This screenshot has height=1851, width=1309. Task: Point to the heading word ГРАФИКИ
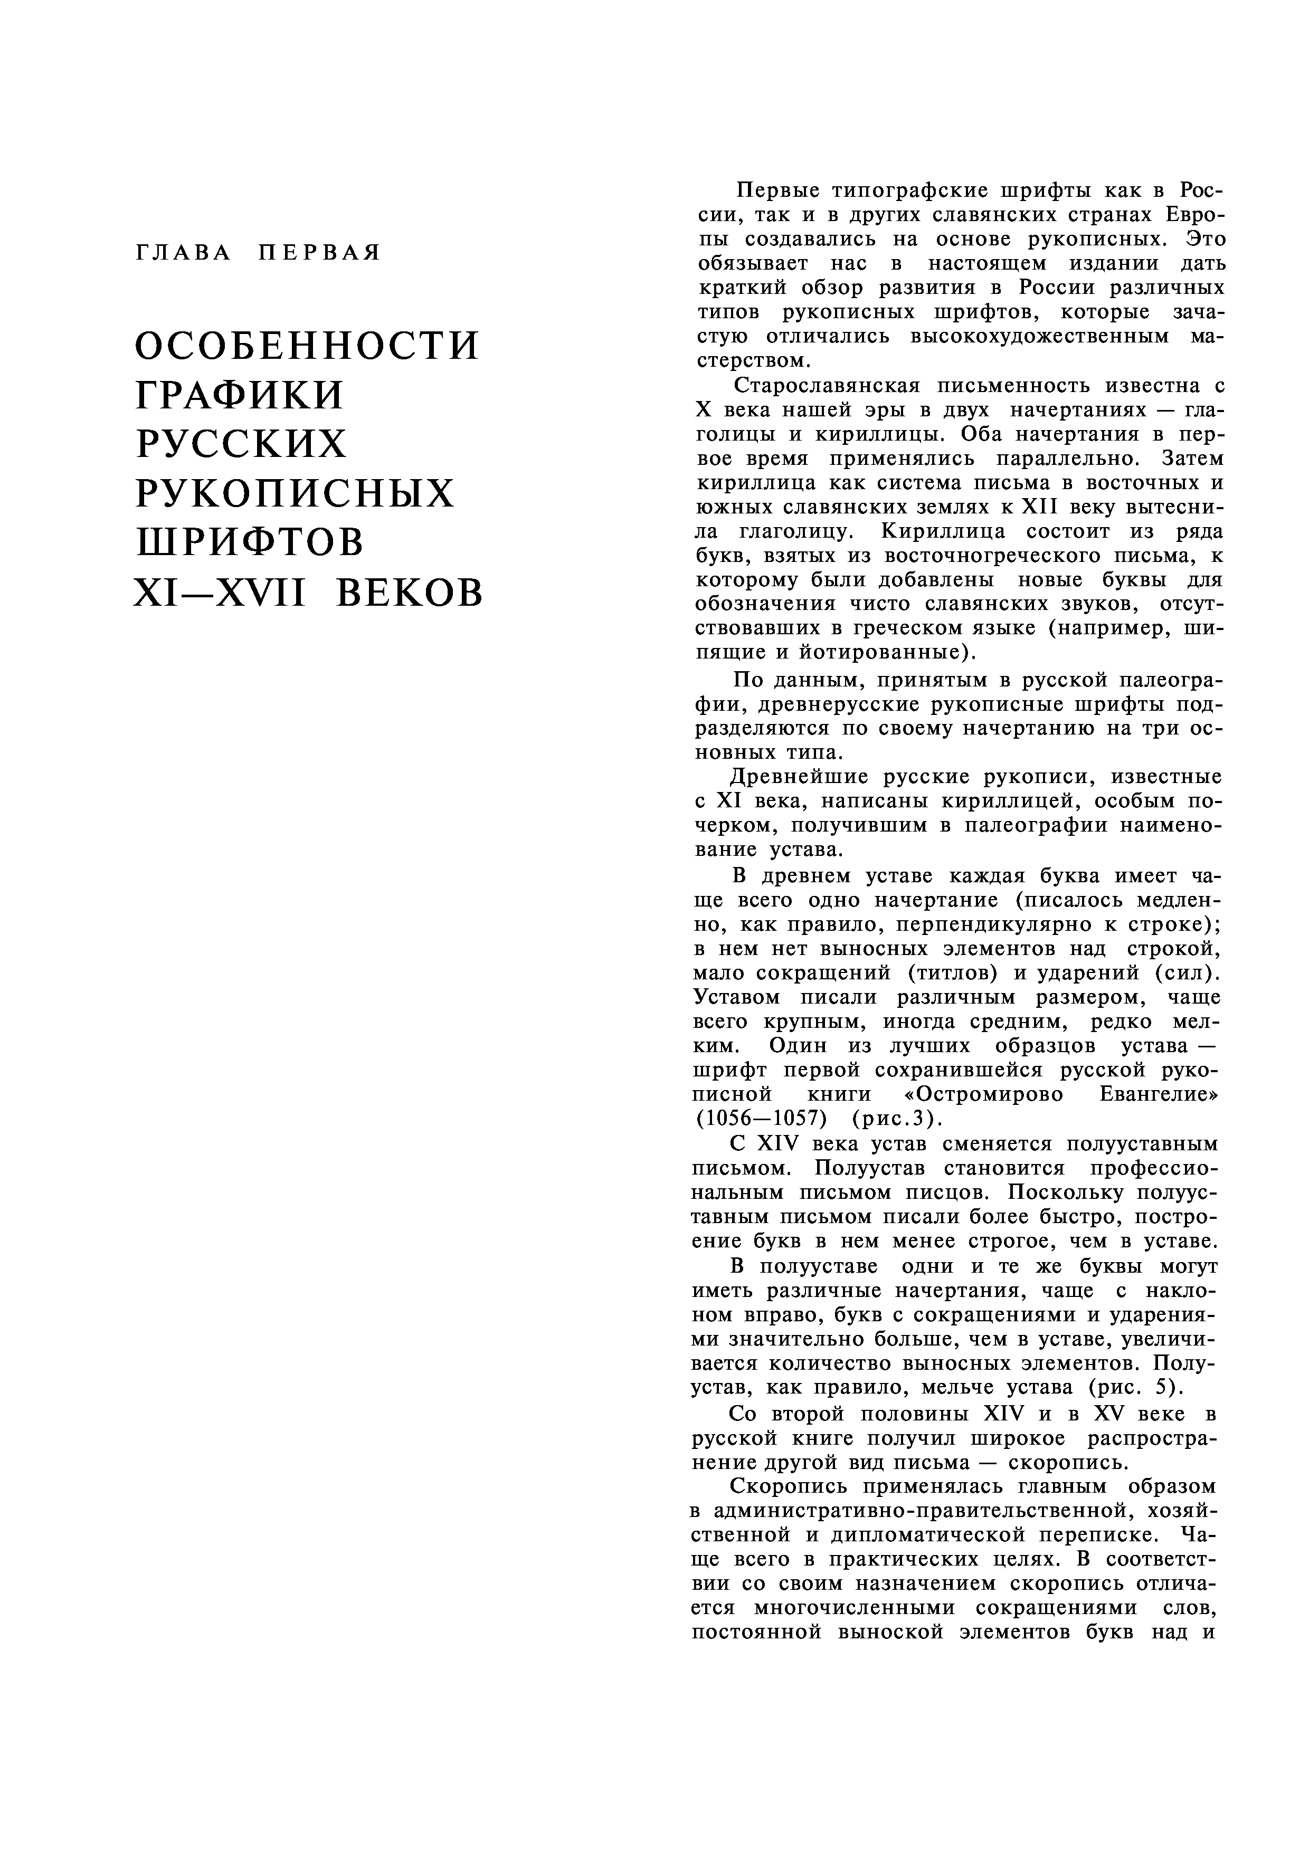(240, 395)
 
